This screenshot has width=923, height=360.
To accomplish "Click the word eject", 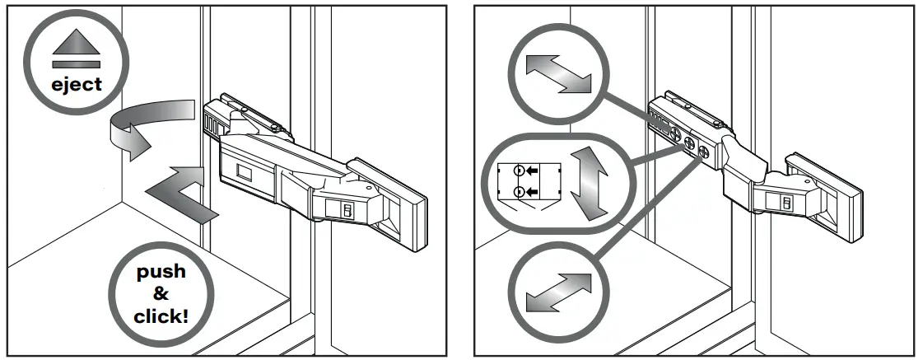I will point(77,83).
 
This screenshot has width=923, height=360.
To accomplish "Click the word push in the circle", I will point(161,273).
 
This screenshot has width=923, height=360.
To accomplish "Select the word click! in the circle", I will point(161,313).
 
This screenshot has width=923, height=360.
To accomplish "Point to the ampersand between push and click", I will point(161,292).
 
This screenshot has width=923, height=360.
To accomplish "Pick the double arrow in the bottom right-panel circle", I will point(556,292).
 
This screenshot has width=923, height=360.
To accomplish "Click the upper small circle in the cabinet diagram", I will point(518,171).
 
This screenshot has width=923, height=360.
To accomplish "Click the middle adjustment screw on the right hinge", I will point(688,142).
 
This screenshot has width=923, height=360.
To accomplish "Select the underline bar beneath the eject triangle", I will point(77,63).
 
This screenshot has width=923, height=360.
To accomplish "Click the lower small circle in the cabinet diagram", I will point(518,193).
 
